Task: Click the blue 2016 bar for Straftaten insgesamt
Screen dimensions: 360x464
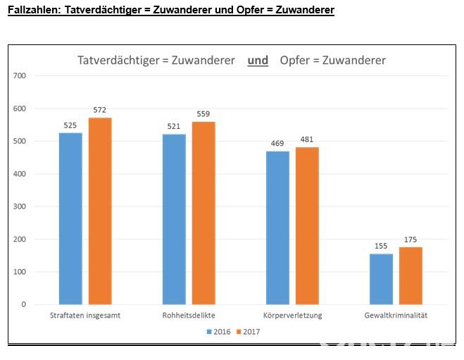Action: click(x=70, y=218)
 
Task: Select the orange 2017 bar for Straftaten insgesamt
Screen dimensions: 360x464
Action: click(x=100, y=211)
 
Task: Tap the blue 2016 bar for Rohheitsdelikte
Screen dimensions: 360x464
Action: click(x=174, y=219)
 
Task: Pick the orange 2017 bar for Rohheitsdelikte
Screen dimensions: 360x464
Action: click(x=203, y=213)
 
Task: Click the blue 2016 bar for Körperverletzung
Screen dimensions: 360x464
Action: click(x=277, y=228)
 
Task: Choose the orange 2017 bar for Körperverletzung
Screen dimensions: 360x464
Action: click(x=307, y=225)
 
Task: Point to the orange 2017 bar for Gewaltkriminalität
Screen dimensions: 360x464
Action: click(x=410, y=275)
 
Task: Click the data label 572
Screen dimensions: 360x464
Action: click(x=99, y=110)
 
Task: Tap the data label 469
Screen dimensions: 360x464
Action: click(x=277, y=144)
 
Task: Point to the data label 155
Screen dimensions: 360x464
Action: click(x=381, y=246)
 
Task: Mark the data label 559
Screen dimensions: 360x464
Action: click(x=203, y=114)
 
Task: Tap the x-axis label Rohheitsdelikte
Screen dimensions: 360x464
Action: click(x=188, y=316)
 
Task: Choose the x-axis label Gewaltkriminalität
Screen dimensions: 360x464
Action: click(x=396, y=316)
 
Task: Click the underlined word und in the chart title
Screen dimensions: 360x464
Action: click(x=258, y=61)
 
